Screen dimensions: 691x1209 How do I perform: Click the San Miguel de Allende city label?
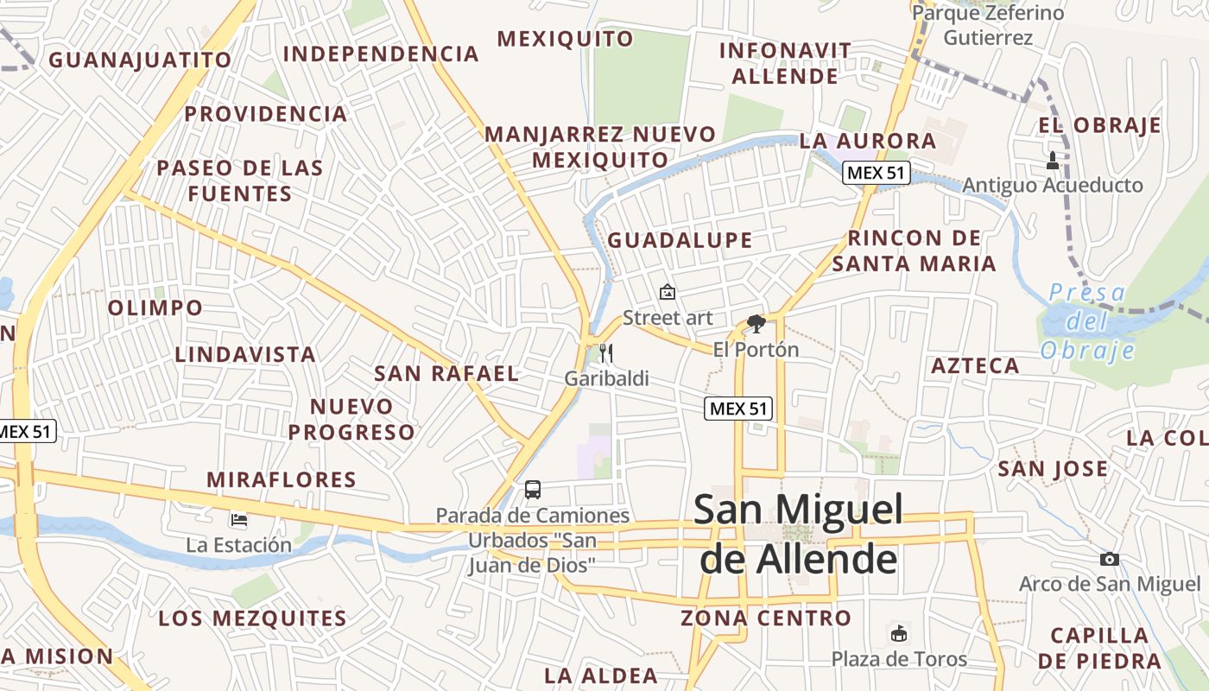798,534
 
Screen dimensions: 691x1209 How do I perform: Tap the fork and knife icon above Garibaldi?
605,352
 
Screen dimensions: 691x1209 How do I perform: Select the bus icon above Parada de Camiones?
533,490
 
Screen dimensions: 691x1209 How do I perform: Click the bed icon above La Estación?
239,519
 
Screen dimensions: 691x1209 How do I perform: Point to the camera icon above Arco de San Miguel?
1110,559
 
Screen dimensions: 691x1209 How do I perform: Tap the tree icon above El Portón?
756,324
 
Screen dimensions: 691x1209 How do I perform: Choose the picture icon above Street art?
667,292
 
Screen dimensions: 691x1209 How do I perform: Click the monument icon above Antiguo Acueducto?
1052,160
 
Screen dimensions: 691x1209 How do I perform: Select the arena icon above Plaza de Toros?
899,633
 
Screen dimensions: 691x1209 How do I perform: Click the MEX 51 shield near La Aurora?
876,172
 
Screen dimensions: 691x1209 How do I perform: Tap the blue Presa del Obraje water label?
1087,320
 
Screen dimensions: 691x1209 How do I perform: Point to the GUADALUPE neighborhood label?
680,240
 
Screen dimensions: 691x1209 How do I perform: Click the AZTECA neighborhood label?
975,365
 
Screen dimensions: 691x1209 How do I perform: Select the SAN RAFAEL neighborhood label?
446,373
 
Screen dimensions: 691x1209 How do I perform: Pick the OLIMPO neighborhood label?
155,307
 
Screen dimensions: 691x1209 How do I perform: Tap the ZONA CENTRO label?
766,618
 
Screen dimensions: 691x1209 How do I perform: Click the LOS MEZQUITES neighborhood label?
252,618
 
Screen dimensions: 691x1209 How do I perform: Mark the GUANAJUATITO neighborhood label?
140,60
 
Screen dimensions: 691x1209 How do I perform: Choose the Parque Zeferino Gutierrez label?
988,25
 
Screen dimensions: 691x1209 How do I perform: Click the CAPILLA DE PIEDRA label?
1100,648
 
